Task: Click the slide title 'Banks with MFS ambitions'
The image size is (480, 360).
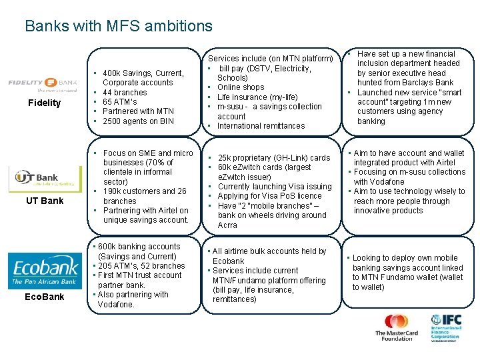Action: [119, 26]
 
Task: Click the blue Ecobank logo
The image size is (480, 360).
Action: [45, 271]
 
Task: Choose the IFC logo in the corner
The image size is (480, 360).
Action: [445, 327]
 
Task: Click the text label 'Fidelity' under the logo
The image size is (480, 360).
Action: [44, 103]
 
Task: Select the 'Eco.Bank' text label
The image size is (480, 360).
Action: [45, 297]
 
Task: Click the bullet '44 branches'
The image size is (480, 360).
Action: [125, 93]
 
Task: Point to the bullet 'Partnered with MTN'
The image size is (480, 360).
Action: [138, 111]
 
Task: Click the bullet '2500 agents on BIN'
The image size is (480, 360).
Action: [138, 121]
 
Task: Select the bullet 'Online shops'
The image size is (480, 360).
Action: [241, 87]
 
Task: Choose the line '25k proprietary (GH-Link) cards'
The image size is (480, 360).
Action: [273, 158]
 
